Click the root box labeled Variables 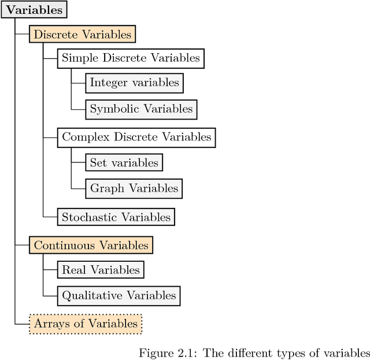[x=34, y=10]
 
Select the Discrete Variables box [x=83, y=35]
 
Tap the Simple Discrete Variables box [x=131, y=58]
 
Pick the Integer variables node [x=134, y=83]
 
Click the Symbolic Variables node [x=141, y=109]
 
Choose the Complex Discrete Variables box [x=136, y=138]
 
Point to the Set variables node [x=124, y=163]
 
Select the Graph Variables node [x=134, y=188]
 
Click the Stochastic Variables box [x=116, y=217]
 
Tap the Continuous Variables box [x=91, y=245]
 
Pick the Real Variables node [x=101, y=270]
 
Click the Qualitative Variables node [x=119, y=295]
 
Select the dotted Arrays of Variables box [x=86, y=324]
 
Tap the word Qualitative [x=90, y=295]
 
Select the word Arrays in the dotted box [x=49, y=324]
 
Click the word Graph [x=107, y=188]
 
